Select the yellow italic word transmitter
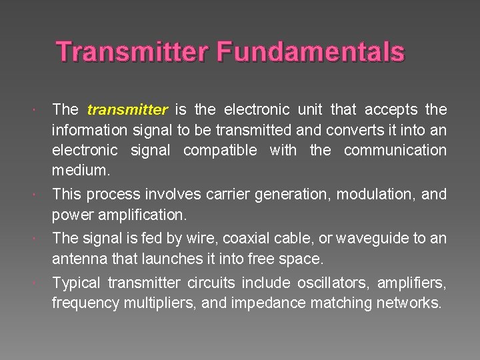127,109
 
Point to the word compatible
219,151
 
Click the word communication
395,151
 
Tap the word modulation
375,195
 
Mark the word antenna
79,259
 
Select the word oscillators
329,283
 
